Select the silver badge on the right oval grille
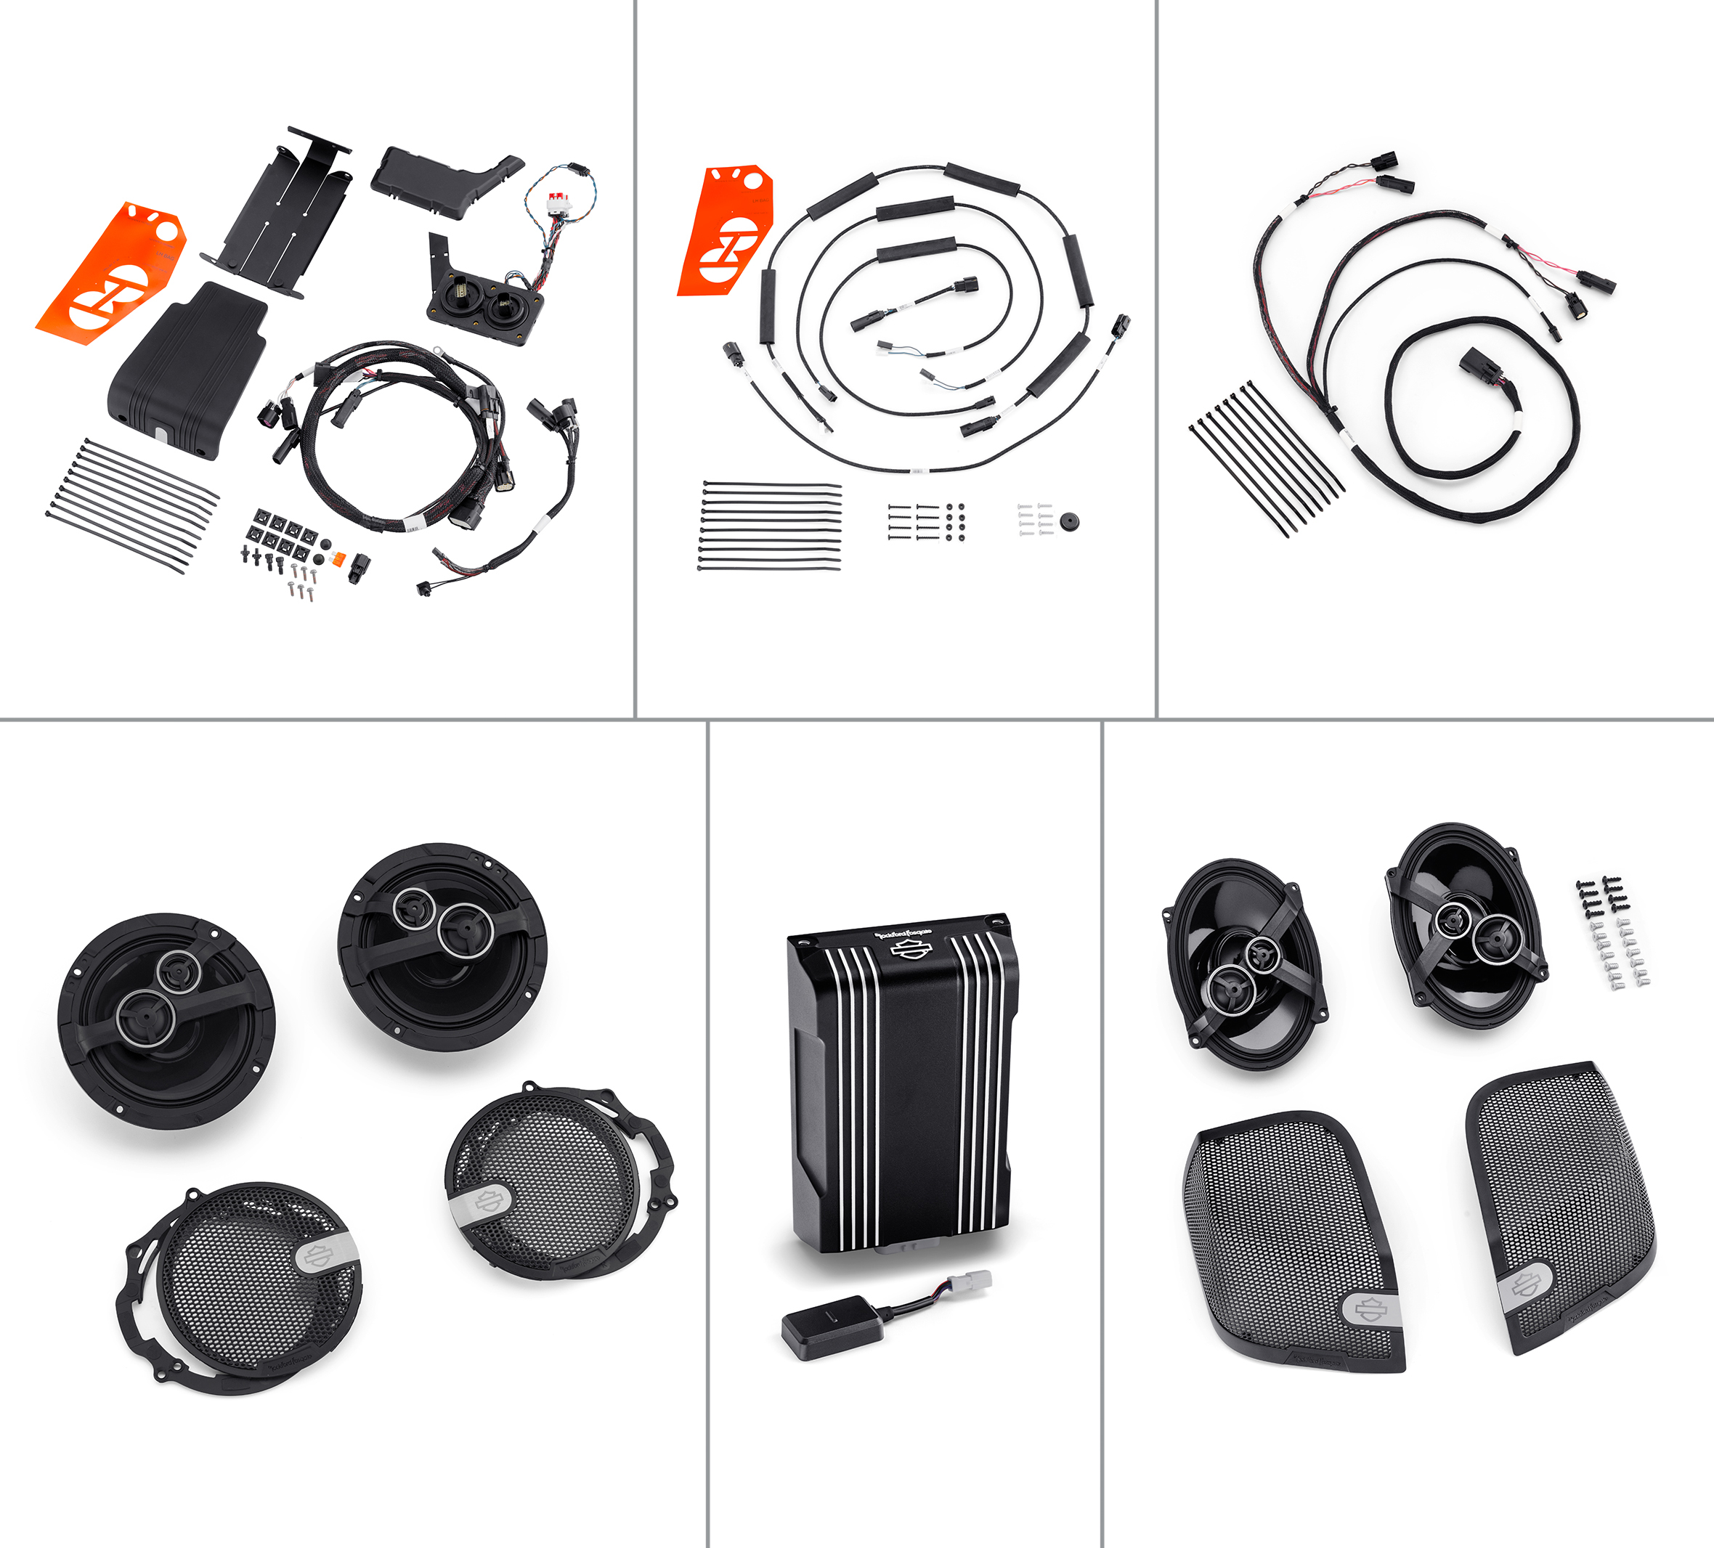[1524, 1285]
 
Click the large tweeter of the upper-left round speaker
[145, 1016]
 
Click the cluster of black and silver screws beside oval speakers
[1612, 932]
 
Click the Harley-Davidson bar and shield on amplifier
[911, 951]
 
